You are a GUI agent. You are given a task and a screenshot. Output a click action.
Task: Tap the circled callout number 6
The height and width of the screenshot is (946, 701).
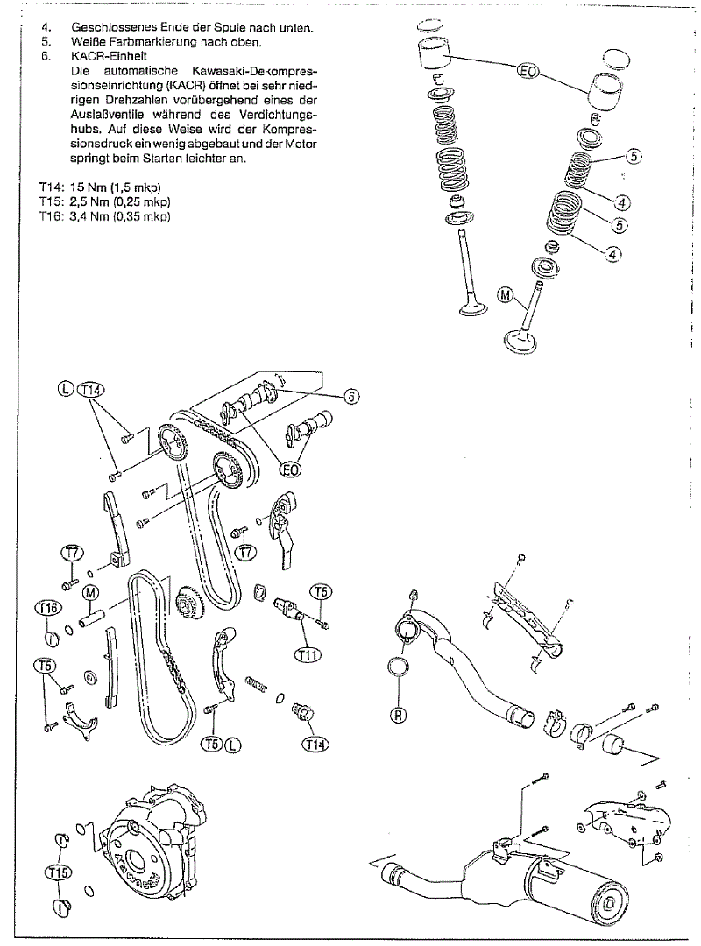pyautogui.click(x=351, y=397)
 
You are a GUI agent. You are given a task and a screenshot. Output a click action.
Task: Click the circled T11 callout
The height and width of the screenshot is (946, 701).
pyautogui.click(x=308, y=654)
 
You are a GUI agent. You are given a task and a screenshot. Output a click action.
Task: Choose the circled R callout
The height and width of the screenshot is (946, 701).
pyautogui.click(x=399, y=716)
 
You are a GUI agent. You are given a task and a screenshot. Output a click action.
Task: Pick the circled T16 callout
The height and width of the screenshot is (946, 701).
pyautogui.click(x=48, y=608)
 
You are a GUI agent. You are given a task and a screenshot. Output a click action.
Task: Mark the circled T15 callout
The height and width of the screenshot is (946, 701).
pyautogui.click(x=59, y=872)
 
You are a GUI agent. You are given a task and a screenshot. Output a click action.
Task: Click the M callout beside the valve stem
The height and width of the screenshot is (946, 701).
pyautogui.click(x=506, y=295)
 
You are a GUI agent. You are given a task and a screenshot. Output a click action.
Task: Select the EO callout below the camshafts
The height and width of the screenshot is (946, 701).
pyautogui.click(x=290, y=469)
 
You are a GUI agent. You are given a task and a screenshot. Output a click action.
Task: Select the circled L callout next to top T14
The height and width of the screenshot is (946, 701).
pyautogui.click(x=67, y=389)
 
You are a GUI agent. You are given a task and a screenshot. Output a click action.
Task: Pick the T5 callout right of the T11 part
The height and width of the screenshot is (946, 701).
pyautogui.click(x=322, y=592)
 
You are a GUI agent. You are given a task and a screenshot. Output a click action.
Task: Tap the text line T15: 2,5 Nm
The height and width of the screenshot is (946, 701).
pyautogui.click(x=104, y=201)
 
